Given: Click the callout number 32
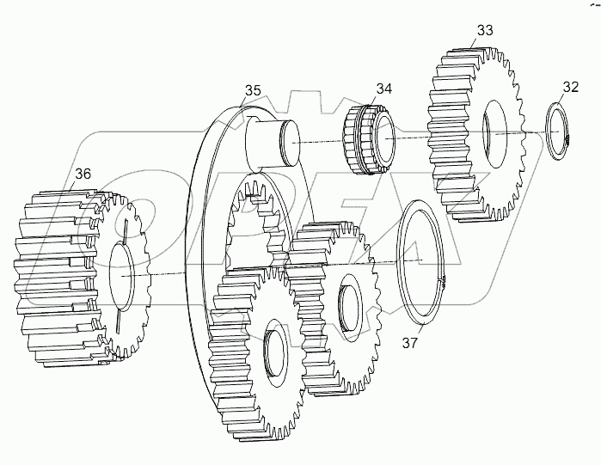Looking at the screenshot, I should pyautogui.click(x=570, y=87).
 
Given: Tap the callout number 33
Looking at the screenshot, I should pyautogui.click(x=484, y=30).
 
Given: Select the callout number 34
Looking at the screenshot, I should pyautogui.click(x=383, y=88).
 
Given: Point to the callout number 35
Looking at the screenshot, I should pyautogui.click(x=252, y=89).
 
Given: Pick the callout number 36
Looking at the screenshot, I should pyautogui.click(x=82, y=174).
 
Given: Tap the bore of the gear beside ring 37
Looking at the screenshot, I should pyautogui.click(x=352, y=304).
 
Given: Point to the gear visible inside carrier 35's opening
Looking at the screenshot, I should pyautogui.click(x=253, y=219).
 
